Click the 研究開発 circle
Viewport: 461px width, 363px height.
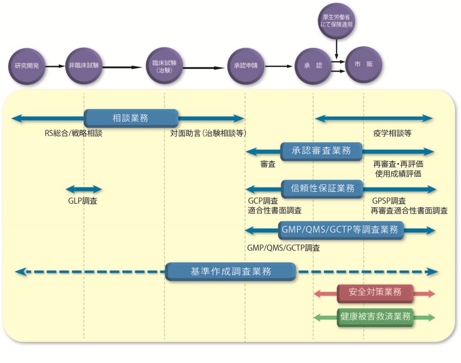pyautogui.click(x=27, y=66)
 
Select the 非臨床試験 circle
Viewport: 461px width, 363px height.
pyautogui.click(x=83, y=66)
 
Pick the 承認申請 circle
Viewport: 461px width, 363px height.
pyautogui.click(x=245, y=66)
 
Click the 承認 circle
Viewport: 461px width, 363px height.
pyautogui.click(x=313, y=66)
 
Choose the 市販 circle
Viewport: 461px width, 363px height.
pyautogui.click(x=363, y=65)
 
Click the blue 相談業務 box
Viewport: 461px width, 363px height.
pyautogui.click(x=131, y=118)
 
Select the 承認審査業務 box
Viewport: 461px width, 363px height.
pyautogui.click(x=322, y=151)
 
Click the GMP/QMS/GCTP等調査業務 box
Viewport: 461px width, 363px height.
pyautogui.click(x=341, y=230)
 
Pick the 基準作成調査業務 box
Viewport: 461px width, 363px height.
pyautogui.click(x=231, y=272)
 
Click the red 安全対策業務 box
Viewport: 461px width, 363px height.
pyautogui.click(x=375, y=293)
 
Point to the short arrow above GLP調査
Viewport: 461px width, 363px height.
pyautogui.click(x=83, y=189)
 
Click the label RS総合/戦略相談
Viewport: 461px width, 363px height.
pyautogui.click(x=74, y=133)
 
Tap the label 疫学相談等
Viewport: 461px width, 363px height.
pyautogui.click(x=392, y=133)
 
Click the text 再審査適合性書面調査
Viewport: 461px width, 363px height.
pyautogui.click(x=409, y=211)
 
